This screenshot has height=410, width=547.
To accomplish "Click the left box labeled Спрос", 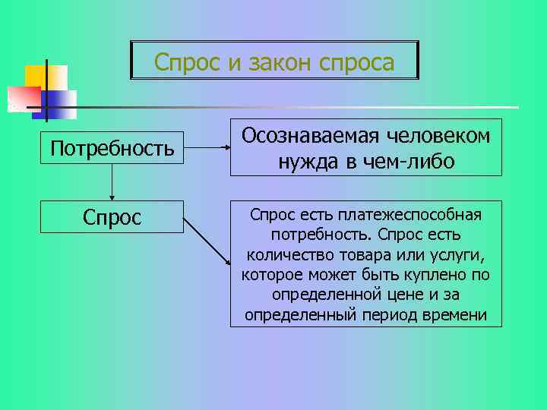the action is pyautogui.click(x=112, y=218).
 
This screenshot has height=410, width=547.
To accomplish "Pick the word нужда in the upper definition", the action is pyautogui.click(x=301, y=162).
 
